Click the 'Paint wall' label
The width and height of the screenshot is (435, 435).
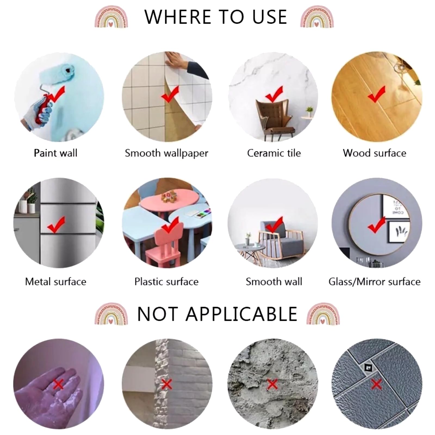pos(55,153)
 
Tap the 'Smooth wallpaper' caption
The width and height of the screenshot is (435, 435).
pos(166,153)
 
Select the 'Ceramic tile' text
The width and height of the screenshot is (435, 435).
pos(274,153)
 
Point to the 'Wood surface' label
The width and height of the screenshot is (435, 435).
pos(374,153)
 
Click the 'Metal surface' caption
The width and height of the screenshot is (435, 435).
pos(55,282)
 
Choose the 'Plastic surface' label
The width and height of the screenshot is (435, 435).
pos(166,282)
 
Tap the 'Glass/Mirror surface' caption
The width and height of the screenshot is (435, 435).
pos(374,282)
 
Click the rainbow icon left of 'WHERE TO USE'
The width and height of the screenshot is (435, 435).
pos(111,17)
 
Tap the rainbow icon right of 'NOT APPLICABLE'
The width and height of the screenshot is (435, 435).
pos(323,313)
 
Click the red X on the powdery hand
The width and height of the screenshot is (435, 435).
pos(58,384)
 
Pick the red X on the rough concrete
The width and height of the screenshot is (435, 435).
pos(272,384)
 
